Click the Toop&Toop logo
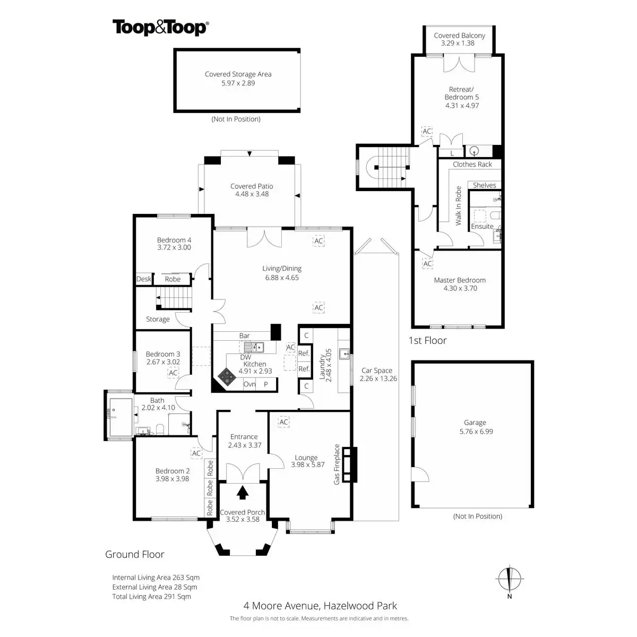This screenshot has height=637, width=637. [x=160, y=28]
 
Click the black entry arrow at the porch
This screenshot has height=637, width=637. [x=243, y=493]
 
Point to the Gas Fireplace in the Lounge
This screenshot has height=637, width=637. [x=349, y=465]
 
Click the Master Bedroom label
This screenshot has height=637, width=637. [x=460, y=280]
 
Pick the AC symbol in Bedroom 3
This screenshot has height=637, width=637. [x=173, y=373]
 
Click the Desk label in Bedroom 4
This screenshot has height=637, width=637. [x=144, y=279]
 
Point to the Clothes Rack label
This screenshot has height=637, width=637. [x=472, y=165]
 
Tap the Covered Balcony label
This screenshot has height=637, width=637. [x=459, y=36]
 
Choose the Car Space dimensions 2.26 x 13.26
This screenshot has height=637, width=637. [x=378, y=378]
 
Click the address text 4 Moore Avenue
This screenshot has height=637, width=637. [x=280, y=606]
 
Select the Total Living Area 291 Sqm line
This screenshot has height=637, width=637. [x=151, y=597]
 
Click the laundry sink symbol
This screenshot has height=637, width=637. [x=344, y=352]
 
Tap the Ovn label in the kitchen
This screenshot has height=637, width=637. [x=249, y=384]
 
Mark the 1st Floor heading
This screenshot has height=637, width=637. [x=427, y=340]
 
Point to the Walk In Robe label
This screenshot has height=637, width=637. [x=458, y=206]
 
